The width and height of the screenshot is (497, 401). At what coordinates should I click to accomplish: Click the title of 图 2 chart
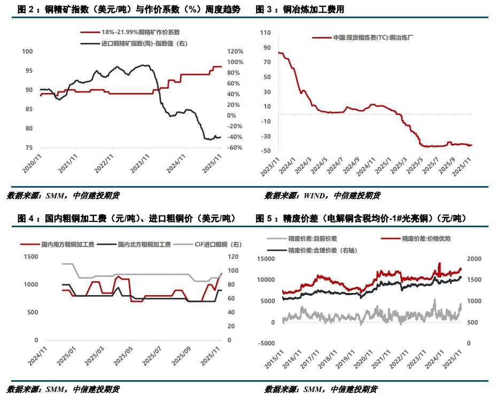(129, 10)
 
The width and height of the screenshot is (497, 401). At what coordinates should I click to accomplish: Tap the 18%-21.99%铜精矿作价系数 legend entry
(141, 33)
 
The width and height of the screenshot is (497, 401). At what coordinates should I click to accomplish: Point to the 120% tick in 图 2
(236, 51)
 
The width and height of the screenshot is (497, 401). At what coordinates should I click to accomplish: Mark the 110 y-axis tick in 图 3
(265, 33)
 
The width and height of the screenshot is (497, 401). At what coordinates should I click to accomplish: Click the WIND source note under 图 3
(323, 196)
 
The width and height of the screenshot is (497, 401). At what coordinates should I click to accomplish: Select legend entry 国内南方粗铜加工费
(67, 244)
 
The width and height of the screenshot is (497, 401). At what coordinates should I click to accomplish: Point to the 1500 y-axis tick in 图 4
(30, 257)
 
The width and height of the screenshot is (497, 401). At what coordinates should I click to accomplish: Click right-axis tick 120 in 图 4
(232, 257)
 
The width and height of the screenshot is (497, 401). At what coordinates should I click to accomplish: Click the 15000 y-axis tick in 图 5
(266, 259)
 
